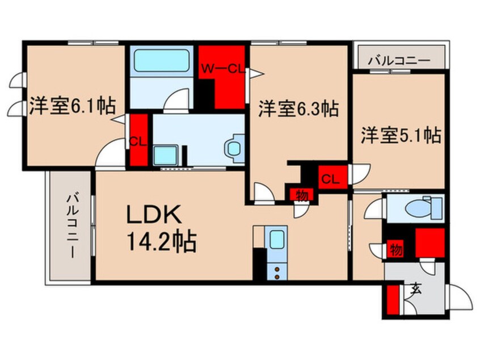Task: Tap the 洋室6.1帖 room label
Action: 71,106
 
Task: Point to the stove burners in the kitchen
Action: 277,270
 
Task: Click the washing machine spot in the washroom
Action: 166,154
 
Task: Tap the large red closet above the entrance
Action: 429,241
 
